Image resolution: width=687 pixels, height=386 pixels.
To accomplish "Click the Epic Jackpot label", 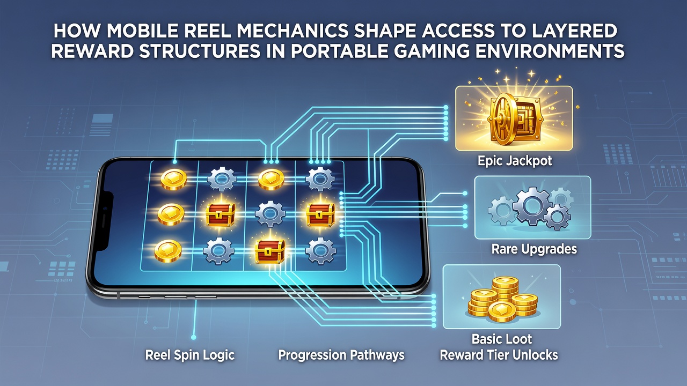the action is pyautogui.click(x=515, y=161).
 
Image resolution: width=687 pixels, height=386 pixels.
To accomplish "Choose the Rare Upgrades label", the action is pyautogui.click(x=534, y=249).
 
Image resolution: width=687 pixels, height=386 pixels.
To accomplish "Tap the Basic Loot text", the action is pyautogui.click(x=501, y=339).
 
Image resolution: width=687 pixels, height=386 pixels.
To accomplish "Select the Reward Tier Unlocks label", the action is pyautogui.click(x=499, y=355).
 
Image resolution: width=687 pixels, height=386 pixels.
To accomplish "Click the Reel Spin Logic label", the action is pyautogui.click(x=189, y=355).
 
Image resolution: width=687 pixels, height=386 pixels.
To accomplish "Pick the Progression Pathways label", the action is pyautogui.click(x=341, y=355).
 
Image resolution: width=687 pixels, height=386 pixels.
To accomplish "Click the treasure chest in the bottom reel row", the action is pyautogui.click(x=270, y=251).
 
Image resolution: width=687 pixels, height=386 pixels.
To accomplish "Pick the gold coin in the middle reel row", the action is pyautogui.click(x=171, y=214).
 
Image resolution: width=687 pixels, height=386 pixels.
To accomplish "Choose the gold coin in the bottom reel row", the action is pyautogui.click(x=168, y=251).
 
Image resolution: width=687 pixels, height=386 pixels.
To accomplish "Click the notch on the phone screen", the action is pyautogui.click(x=106, y=221).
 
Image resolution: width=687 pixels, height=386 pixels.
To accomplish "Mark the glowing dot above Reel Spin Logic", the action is pyautogui.click(x=193, y=337).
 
